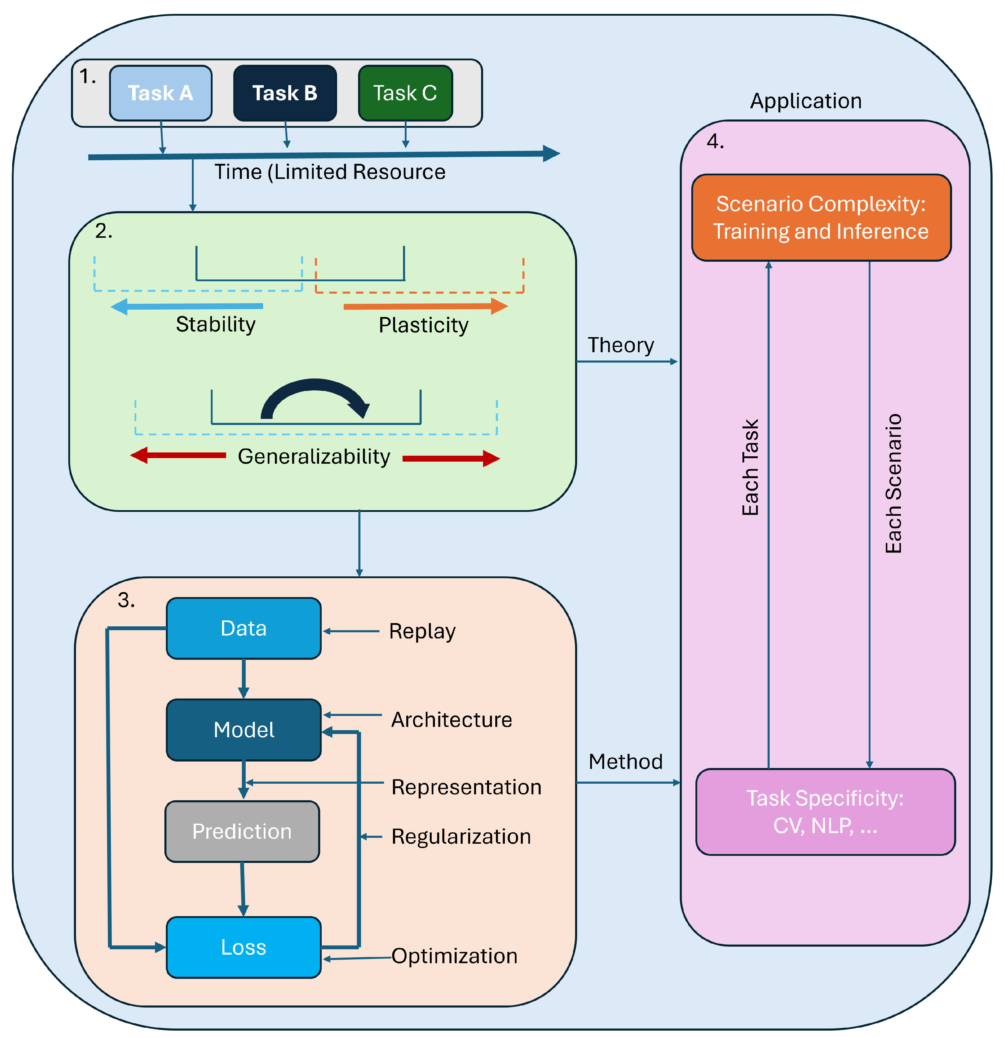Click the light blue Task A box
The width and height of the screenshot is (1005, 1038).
(161, 93)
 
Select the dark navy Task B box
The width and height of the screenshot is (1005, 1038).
(285, 93)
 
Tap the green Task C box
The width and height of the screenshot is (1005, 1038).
(405, 93)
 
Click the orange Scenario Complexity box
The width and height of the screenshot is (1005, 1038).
(821, 218)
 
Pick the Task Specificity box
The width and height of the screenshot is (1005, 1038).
(825, 811)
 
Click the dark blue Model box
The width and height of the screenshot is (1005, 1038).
(244, 730)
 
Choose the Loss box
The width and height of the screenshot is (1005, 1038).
(244, 947)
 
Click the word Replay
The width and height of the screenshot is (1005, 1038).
(422, 631)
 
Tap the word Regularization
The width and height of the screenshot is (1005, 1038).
(461, 837)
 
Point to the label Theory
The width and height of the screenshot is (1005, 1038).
(621, 345)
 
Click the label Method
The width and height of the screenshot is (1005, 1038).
(625, 761)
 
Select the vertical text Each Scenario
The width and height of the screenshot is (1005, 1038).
(893, 483)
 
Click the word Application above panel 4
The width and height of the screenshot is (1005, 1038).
(805, 101)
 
